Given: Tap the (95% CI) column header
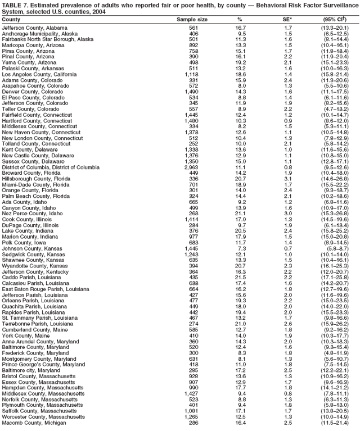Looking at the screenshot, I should click(336, 19).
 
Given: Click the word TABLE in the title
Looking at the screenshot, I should click(12, 4).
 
